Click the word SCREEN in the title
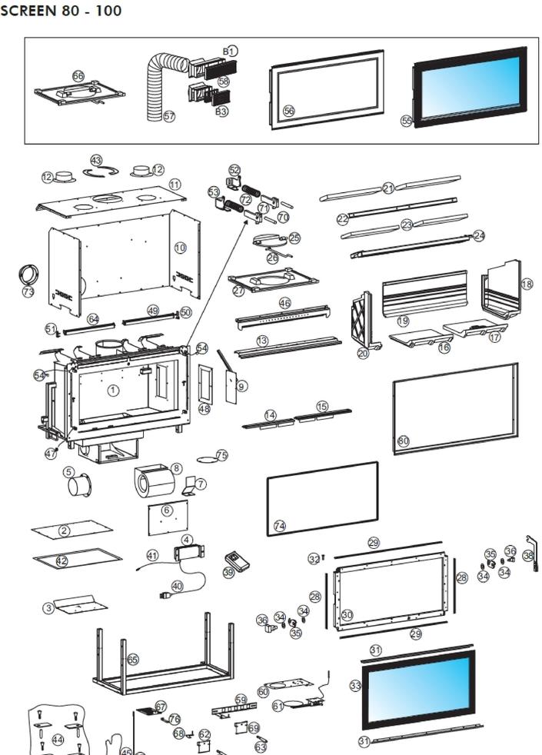click(x=29, y=12)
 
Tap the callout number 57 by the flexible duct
click(x=169, y=117)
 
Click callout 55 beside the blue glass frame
click(x=407, y=121)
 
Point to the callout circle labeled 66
click(x=78, y=76)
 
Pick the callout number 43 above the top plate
click(x=96, y=160)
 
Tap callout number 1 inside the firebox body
click(x=113, y=391)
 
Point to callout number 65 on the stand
click(x=132, y=660)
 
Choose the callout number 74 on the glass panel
click(x=280, y=526)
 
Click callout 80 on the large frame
click(x=403, y=441)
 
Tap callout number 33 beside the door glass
click(x=355, y=685)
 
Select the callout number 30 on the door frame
click(x=347, y=615)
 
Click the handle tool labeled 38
click(x=530, y=558)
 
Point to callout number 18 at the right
click(x=527, y=284)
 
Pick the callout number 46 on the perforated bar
click(x=285, y=304)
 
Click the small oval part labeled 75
click(x=208, y=459)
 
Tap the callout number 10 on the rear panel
click(x=181, y=248)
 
